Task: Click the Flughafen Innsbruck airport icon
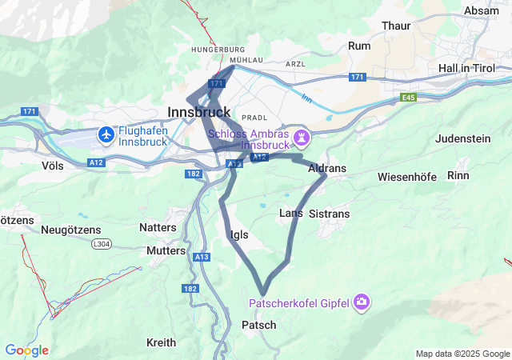pos(106,135)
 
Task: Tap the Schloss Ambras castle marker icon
pos(301,138)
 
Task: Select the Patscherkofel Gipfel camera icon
pos(362,302)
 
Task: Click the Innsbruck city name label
pos(199,112)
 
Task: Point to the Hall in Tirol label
pos(474,68)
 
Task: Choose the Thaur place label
pos(396,26)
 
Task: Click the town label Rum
pos(360,46)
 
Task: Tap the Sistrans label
pos(329,214)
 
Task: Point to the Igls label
pos(238,234)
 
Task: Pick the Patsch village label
pos(258,325)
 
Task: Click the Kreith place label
pos(161,342)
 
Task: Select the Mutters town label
pos(166,250)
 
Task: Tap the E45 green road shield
pos(409,97)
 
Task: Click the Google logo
pos(26,350)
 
